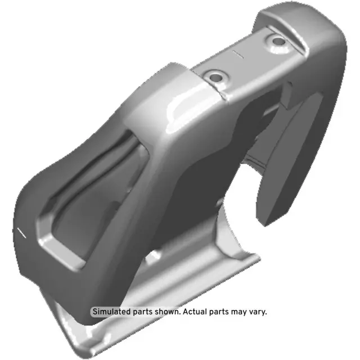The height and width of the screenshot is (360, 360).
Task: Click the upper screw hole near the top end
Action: click(277, 40)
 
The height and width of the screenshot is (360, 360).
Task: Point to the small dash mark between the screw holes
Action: click(237, 55)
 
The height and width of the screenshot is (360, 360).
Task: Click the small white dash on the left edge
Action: click(22, 232)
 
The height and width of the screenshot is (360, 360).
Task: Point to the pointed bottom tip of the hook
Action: click(268, 223)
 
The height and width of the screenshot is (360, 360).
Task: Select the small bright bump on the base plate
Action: click(154, 258)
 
